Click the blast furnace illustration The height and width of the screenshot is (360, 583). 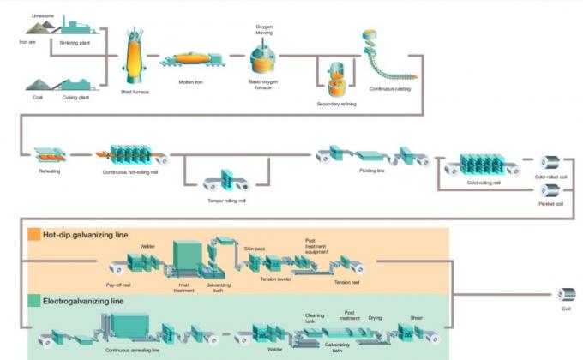[x=134, y=56]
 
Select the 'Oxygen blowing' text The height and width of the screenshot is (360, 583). [x=265, y=31]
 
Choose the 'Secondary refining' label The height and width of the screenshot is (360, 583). [x=336, y=104]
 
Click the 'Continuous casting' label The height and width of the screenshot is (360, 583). [x=390, y=88]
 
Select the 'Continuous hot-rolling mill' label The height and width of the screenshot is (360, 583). [x=134, y=171]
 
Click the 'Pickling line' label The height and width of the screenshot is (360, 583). [x=371, y=171]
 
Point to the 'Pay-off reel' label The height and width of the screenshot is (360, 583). [x=118, y=282]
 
